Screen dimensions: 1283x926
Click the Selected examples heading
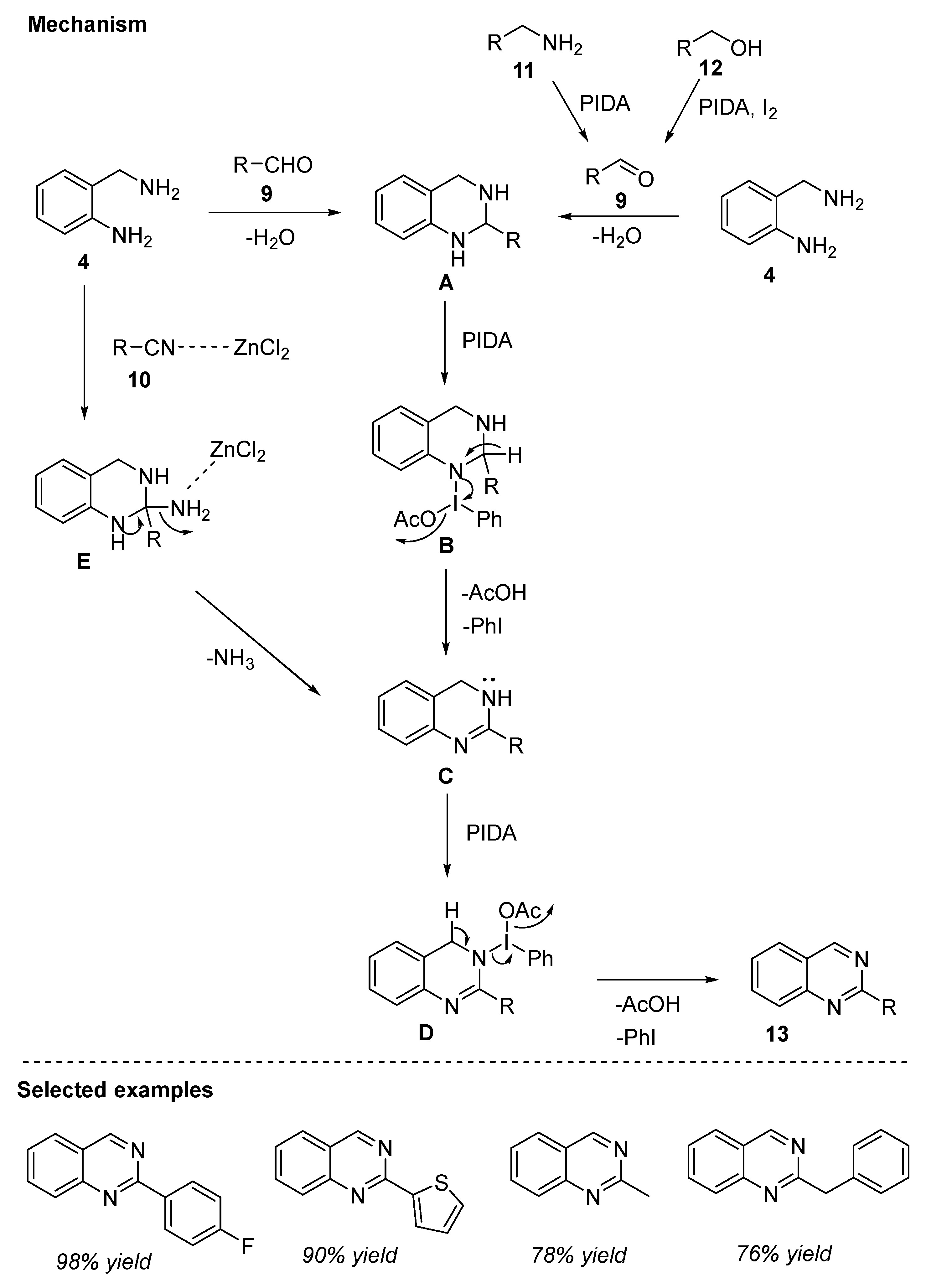(x=115, y=1089)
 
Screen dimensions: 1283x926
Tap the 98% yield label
(x=104, y=1261)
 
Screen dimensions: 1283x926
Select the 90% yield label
(x=349, y=1255)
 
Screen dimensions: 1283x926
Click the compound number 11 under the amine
(x=523, y=71)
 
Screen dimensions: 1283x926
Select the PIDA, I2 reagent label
(x=737, y=107)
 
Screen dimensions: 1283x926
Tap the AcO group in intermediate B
(x=414, y=519)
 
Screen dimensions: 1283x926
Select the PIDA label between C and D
(x=491, y=833)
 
